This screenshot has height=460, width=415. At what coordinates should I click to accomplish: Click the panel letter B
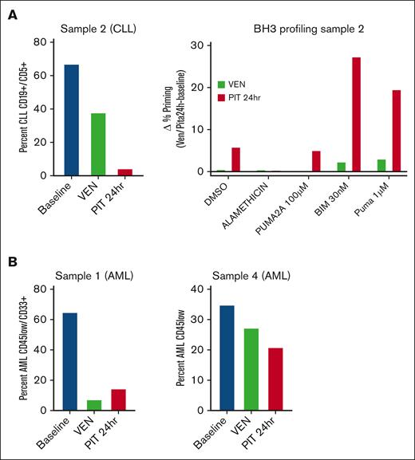[x=14, y=260]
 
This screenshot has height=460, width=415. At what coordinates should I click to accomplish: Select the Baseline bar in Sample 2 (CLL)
[x=71, y=120]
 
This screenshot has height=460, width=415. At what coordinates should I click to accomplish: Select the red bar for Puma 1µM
[x=397, y=131]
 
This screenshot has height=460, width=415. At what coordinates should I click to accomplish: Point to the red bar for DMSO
[x=235, y=159]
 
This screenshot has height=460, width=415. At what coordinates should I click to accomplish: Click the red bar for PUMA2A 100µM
[x=316, y=161]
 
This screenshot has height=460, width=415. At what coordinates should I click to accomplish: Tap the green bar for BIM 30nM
[x=342, y=167]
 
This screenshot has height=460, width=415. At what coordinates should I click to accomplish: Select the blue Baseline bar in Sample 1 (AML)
[x=71, y=361]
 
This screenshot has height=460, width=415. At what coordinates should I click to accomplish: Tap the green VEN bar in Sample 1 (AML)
[x=95, y=405]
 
